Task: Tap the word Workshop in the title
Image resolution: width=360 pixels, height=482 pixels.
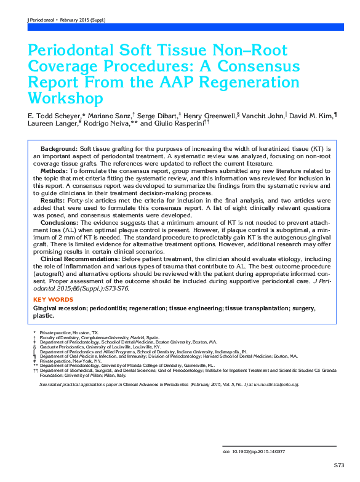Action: (65, 98)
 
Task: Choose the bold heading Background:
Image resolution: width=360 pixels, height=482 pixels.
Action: (59, 150)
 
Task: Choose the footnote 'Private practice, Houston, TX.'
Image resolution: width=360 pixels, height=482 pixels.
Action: (66, 332)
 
